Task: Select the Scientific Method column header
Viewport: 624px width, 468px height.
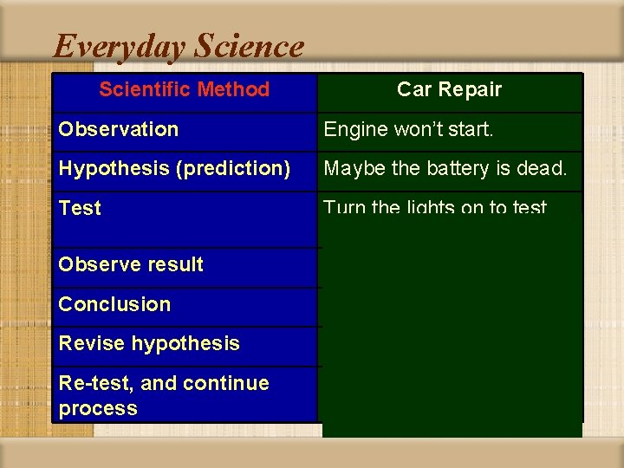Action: point(184,89)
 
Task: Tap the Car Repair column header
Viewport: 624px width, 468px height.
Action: point(449,89)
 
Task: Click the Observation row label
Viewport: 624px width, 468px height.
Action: point(118,129)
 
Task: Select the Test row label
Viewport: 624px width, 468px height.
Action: point(80,208)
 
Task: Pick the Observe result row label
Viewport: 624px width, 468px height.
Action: point(130,264)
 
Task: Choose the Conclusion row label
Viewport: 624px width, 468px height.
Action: point(114,304)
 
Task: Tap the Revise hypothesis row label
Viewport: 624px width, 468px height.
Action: point(148,343)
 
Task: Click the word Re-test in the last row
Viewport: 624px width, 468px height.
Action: point(93,383)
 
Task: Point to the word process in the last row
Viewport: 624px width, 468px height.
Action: point(98,408)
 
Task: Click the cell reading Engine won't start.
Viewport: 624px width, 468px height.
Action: point(408,129)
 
